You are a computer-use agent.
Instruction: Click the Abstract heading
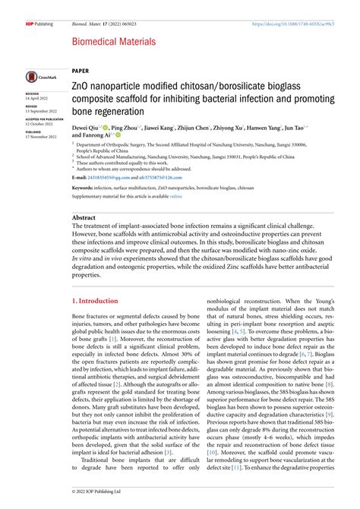tap(84, 217)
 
